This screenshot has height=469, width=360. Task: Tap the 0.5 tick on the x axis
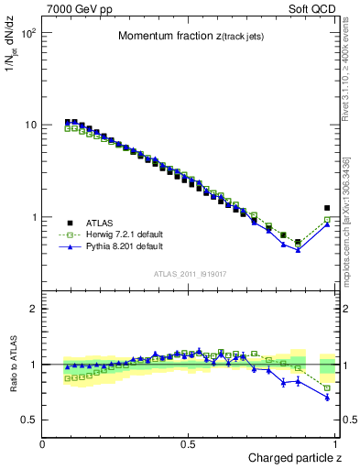click(189, 443)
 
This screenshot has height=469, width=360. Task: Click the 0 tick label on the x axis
click(43, 443)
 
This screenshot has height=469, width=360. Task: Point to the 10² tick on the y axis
click(28, 33)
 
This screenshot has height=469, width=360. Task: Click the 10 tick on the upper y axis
click(30, 125)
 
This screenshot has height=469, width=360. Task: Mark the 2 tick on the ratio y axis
click(33, 309)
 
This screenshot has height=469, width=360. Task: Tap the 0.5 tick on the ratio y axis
click(28, 420)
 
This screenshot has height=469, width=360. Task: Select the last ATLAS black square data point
click(327, 208)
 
